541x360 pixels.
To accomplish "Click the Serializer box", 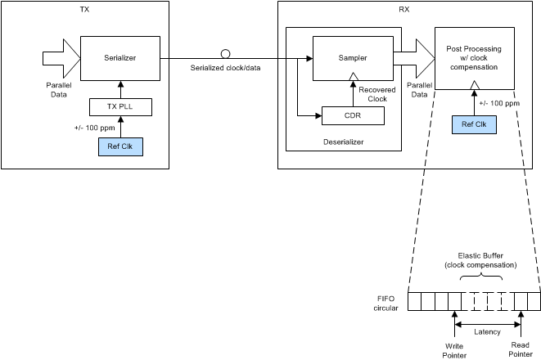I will (119, 57).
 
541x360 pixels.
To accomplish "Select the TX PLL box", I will (119, 106).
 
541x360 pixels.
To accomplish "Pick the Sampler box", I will (352, 58).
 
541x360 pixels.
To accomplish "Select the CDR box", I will (352, 116).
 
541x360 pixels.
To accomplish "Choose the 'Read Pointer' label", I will (521, 349).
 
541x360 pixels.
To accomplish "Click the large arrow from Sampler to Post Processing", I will (414, 57).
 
